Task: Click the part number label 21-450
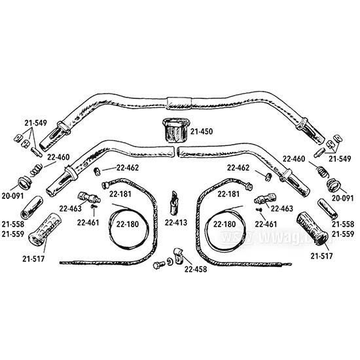point(202,132)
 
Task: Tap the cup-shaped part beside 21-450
point(176,130)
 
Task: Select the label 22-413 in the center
point(176,223)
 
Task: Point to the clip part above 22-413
point(174,203)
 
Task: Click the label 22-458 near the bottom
point(196,269)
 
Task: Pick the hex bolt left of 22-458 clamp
point(158,265)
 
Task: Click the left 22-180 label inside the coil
point(128,224)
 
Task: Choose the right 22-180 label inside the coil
point(225,224)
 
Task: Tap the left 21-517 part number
point(33,259)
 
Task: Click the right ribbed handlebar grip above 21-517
point(312,230)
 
